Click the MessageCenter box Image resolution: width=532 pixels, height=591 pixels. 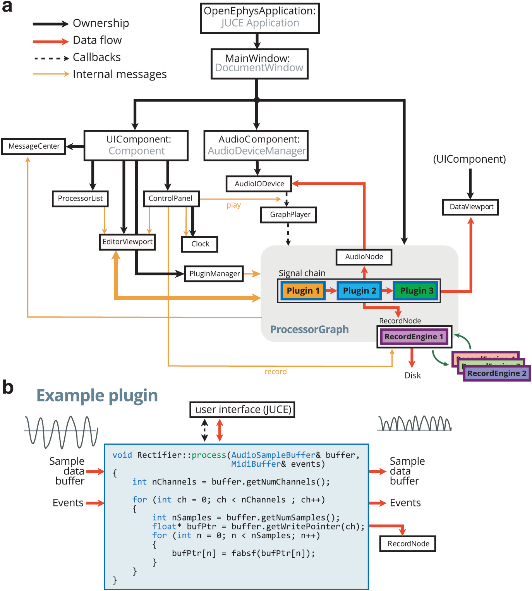point(34,146)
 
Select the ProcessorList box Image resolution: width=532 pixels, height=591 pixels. point(80,199)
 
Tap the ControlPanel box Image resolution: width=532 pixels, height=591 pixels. point(171,199)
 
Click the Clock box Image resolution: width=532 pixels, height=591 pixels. point(200,244)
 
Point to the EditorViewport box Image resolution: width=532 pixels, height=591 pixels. point(127,242)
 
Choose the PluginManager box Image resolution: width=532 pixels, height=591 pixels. point(214,274)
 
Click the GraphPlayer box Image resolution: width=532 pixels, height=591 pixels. point(288,215)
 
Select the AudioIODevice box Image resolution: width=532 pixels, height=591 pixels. point(259,184)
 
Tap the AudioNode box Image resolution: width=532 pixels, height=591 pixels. point(364,257)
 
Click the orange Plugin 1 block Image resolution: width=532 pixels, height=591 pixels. point(303,291)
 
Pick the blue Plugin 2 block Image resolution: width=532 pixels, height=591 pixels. point(359,291)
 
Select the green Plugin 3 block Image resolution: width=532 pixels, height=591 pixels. point(416,291)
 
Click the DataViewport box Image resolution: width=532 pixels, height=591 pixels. point(471,207)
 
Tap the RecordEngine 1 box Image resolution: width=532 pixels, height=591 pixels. point(414,337)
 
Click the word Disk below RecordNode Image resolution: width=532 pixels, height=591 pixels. point(412,375)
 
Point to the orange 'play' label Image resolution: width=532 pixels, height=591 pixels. point(233,205)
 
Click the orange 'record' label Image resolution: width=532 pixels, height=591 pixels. point(275,372)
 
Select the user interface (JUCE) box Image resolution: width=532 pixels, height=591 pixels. point(242,410)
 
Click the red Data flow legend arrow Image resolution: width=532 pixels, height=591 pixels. point(51,41)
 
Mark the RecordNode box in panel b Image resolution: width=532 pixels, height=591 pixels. point(408,544)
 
